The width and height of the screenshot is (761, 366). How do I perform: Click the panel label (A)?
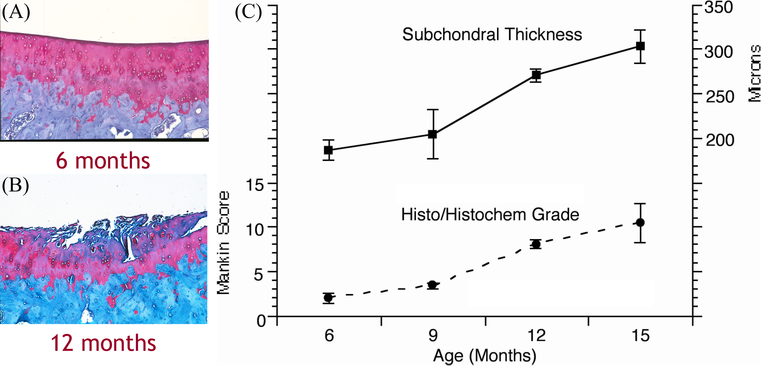(16, 12)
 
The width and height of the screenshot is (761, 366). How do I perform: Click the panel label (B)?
(15, 185)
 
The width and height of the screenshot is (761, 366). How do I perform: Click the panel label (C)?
(248, 12)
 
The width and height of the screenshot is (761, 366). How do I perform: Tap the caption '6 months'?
(103, 161)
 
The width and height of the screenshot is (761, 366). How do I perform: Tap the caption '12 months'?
(103, 343)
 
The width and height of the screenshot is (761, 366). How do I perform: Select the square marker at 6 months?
(328, 150)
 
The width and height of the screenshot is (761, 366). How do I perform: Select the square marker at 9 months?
(433, 134)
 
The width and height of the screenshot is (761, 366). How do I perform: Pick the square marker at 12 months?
(536, 75)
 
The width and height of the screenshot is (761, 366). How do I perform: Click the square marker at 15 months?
(640, 46)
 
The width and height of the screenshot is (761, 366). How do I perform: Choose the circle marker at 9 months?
(433, 285)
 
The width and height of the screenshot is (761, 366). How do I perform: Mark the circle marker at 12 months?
(536, 244)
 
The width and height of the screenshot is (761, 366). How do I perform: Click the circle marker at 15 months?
(640, 223)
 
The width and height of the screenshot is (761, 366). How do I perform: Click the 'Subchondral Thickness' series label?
(492, 34)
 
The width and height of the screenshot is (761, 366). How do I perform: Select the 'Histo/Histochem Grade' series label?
(490, 215)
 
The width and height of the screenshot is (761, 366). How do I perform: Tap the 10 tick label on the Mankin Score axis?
(255, 229)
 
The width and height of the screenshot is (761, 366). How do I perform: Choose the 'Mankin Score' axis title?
(223, 243)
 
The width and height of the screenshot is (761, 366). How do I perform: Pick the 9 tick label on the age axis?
(433, 336)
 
